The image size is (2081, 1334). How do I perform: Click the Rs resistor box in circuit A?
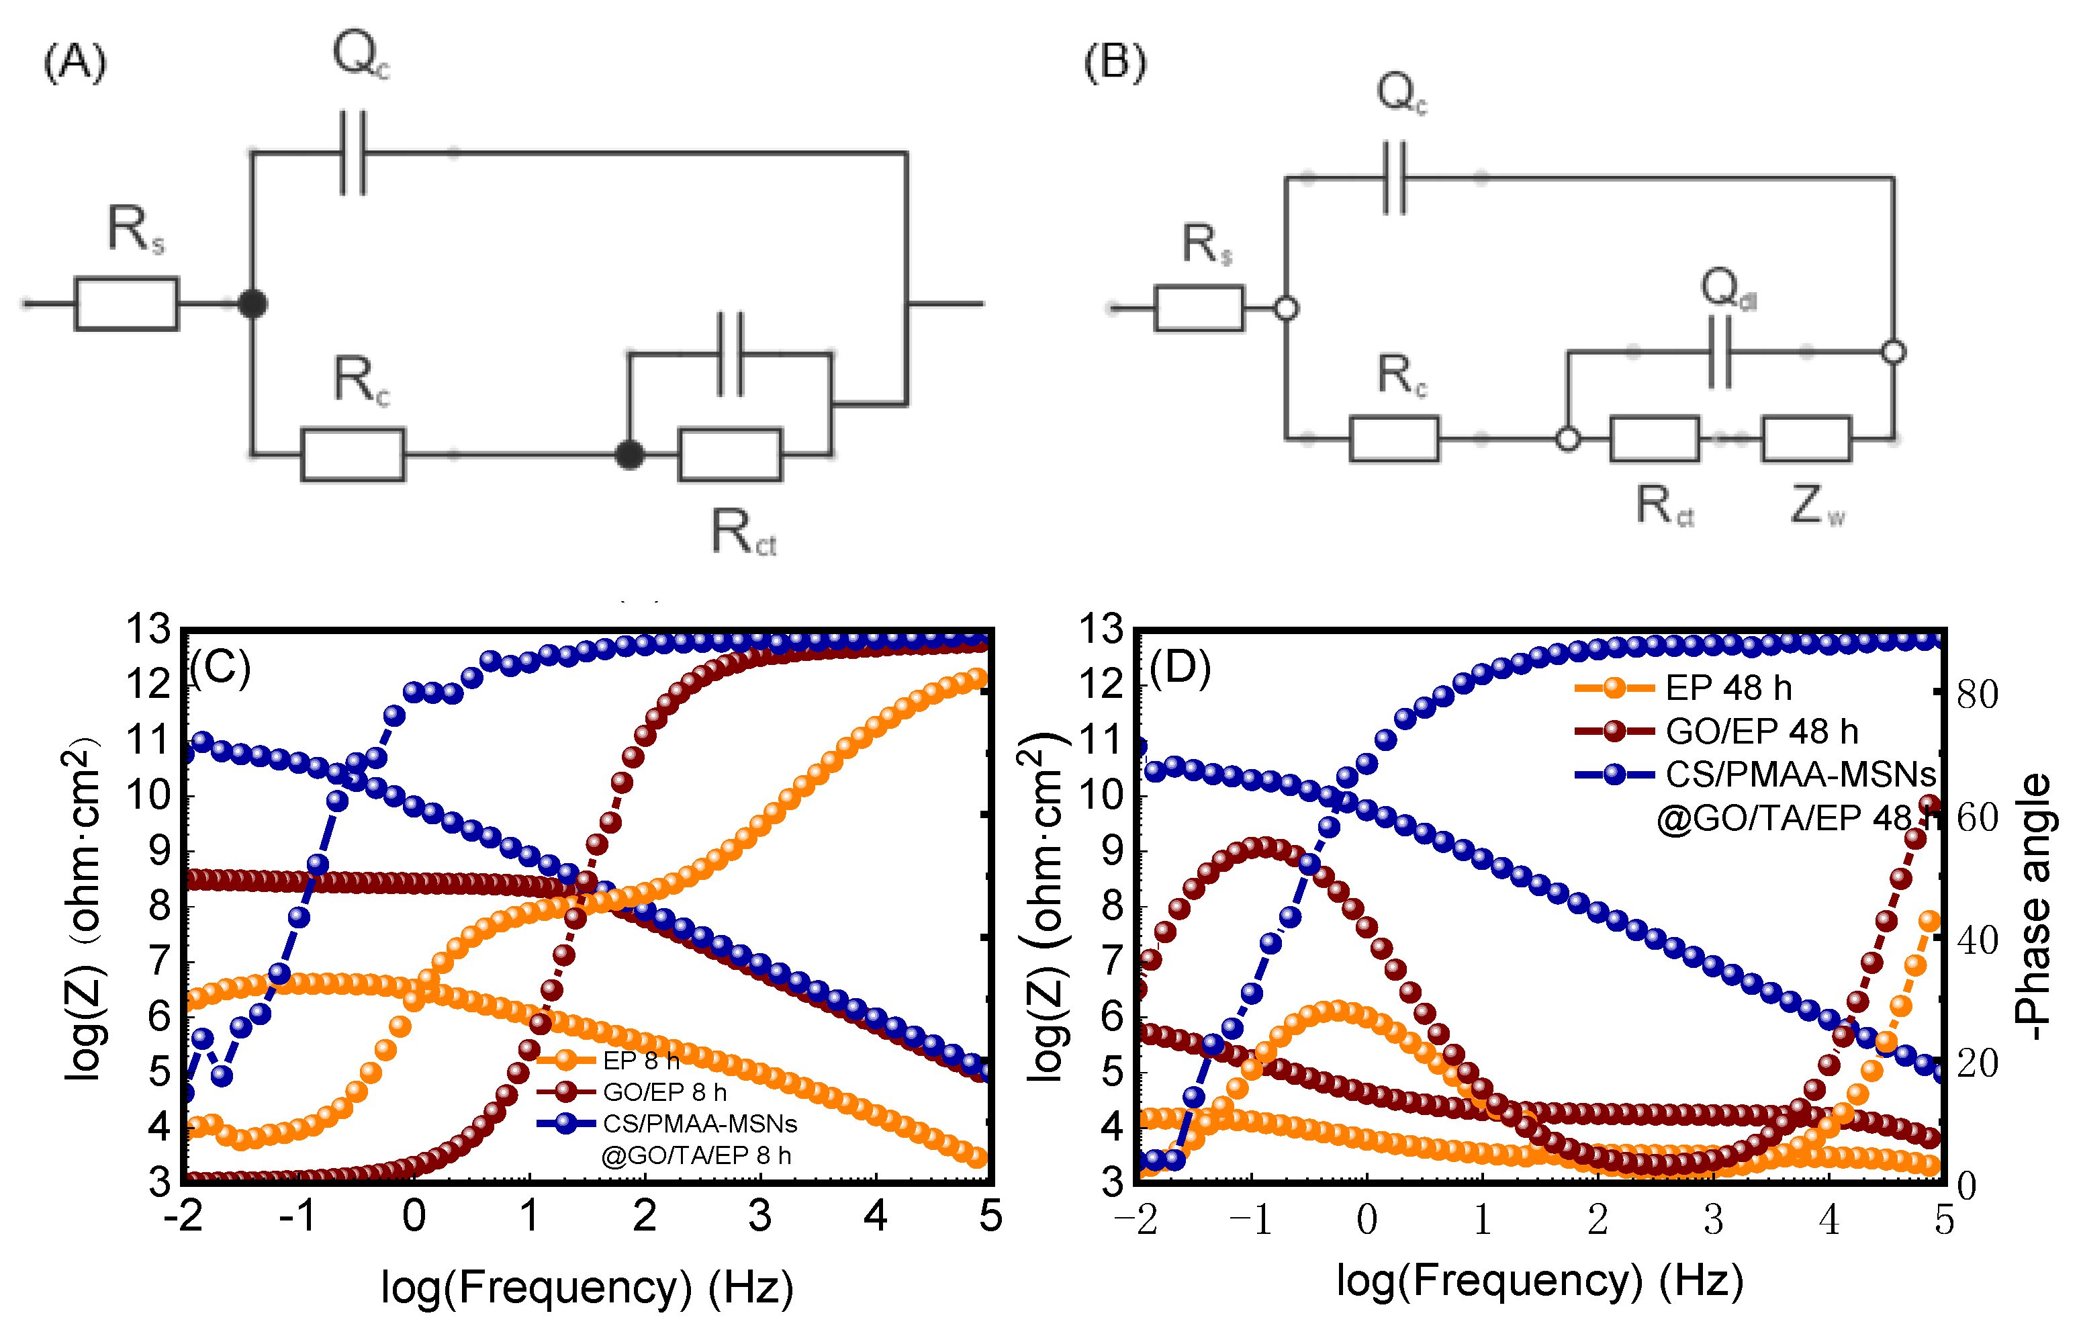[126, 304]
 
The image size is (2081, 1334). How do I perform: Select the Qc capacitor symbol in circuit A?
[353, 153]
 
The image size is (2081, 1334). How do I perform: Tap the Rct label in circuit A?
[743, 531]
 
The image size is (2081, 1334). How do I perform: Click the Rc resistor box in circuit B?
[1393, 439]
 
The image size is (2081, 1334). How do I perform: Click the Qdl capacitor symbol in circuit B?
[1720, 353]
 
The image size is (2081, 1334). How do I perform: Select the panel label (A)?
[75, 63]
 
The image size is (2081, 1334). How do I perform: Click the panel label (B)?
[1115, 63]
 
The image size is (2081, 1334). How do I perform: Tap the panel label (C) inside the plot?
[220, 667]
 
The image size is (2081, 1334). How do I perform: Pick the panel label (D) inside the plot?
[1179, 667]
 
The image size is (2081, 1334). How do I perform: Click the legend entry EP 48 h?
[1728, 688]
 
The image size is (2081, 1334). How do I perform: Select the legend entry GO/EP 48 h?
[1761, 731]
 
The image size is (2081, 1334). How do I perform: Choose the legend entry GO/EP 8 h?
[664, 1092]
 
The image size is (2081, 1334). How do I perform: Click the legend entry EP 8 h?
[641, 1060]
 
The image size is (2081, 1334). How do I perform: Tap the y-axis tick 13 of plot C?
[148, 630]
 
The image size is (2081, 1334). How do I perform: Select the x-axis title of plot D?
[1540, 1280]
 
